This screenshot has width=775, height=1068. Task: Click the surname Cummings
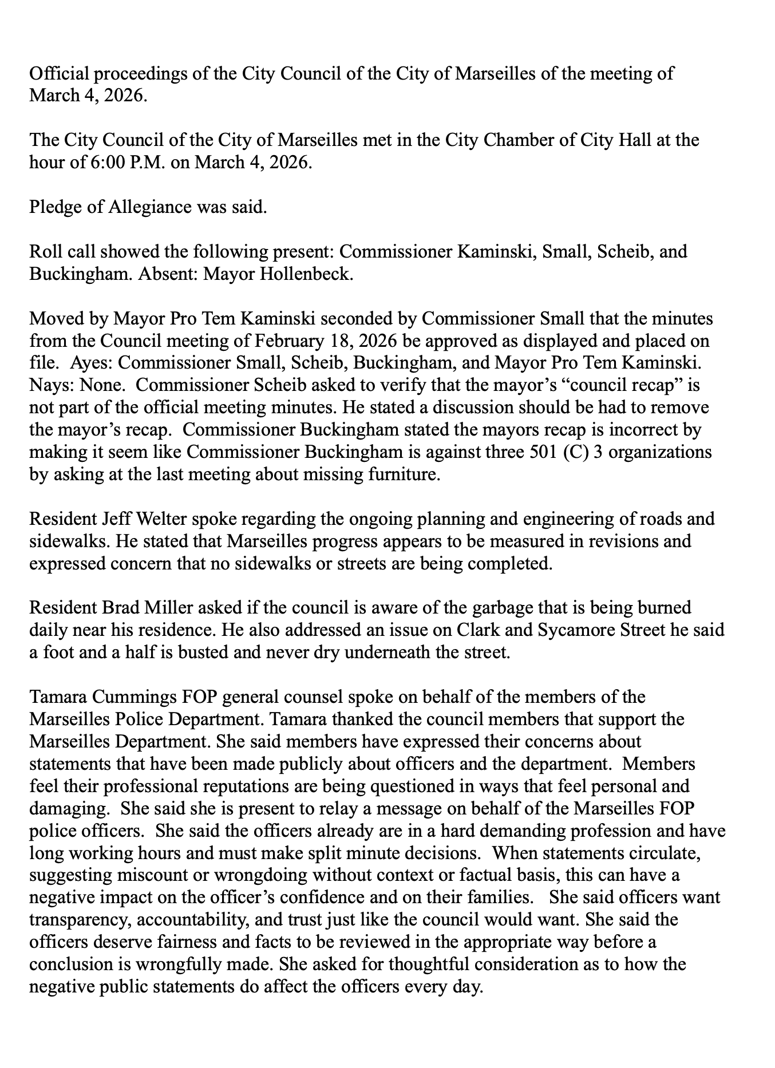[131, 698]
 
